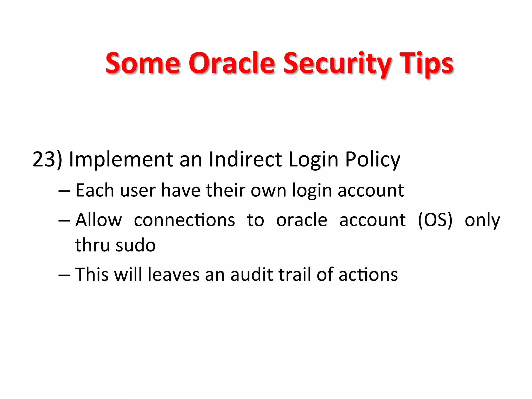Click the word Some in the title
[143, 63]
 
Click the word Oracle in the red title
[231, 63]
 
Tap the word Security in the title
[337, 63]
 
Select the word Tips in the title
[426, 63]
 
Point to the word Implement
[121, 159]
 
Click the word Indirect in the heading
[245, 159]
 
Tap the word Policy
[373, 159]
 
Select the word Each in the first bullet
[95, 190]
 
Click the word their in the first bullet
[225, 190]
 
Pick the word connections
[184, 220]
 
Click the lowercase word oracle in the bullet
[302, 220]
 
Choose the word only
[482, 220]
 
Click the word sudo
[136, 245]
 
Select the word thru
[92, 245]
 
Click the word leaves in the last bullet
[174, 275]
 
